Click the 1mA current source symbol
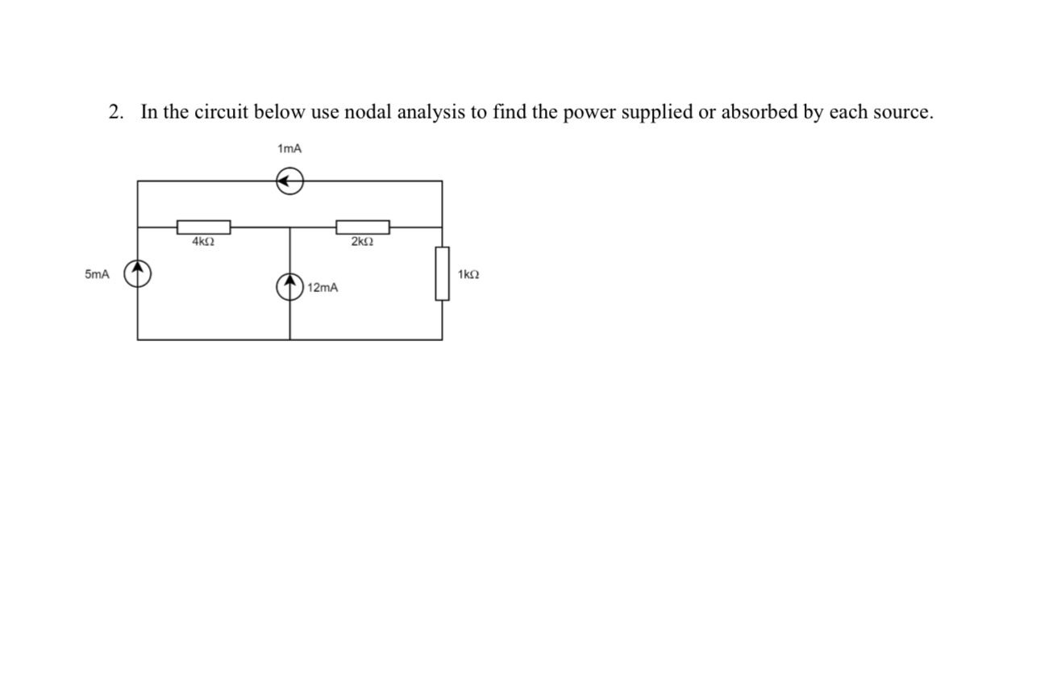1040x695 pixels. tap(289, 182)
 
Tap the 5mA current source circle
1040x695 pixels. tap(138, 274)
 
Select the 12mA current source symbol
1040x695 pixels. tap(289, 286)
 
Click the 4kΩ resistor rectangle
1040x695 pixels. tap(204, 227)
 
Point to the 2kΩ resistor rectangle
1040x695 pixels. tap(363, 227)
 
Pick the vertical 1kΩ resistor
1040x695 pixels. tap(442, 273)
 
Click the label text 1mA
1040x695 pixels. tap(289, 148)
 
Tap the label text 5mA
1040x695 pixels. tap(96, 275)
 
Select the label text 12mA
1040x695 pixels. tap(323, 287)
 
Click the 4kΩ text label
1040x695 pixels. tap(203, 241)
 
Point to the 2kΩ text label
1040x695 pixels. tap(363, 241)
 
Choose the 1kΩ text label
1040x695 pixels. tap(468, 275)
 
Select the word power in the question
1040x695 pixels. tap(589, 111)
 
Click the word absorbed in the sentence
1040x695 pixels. tap(758, 111)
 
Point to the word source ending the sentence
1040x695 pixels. tap(902, 111)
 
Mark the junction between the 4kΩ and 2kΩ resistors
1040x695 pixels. tap(289, 227)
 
